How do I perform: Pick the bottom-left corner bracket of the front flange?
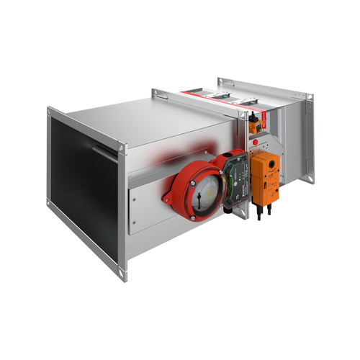click(x=50, y=204)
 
